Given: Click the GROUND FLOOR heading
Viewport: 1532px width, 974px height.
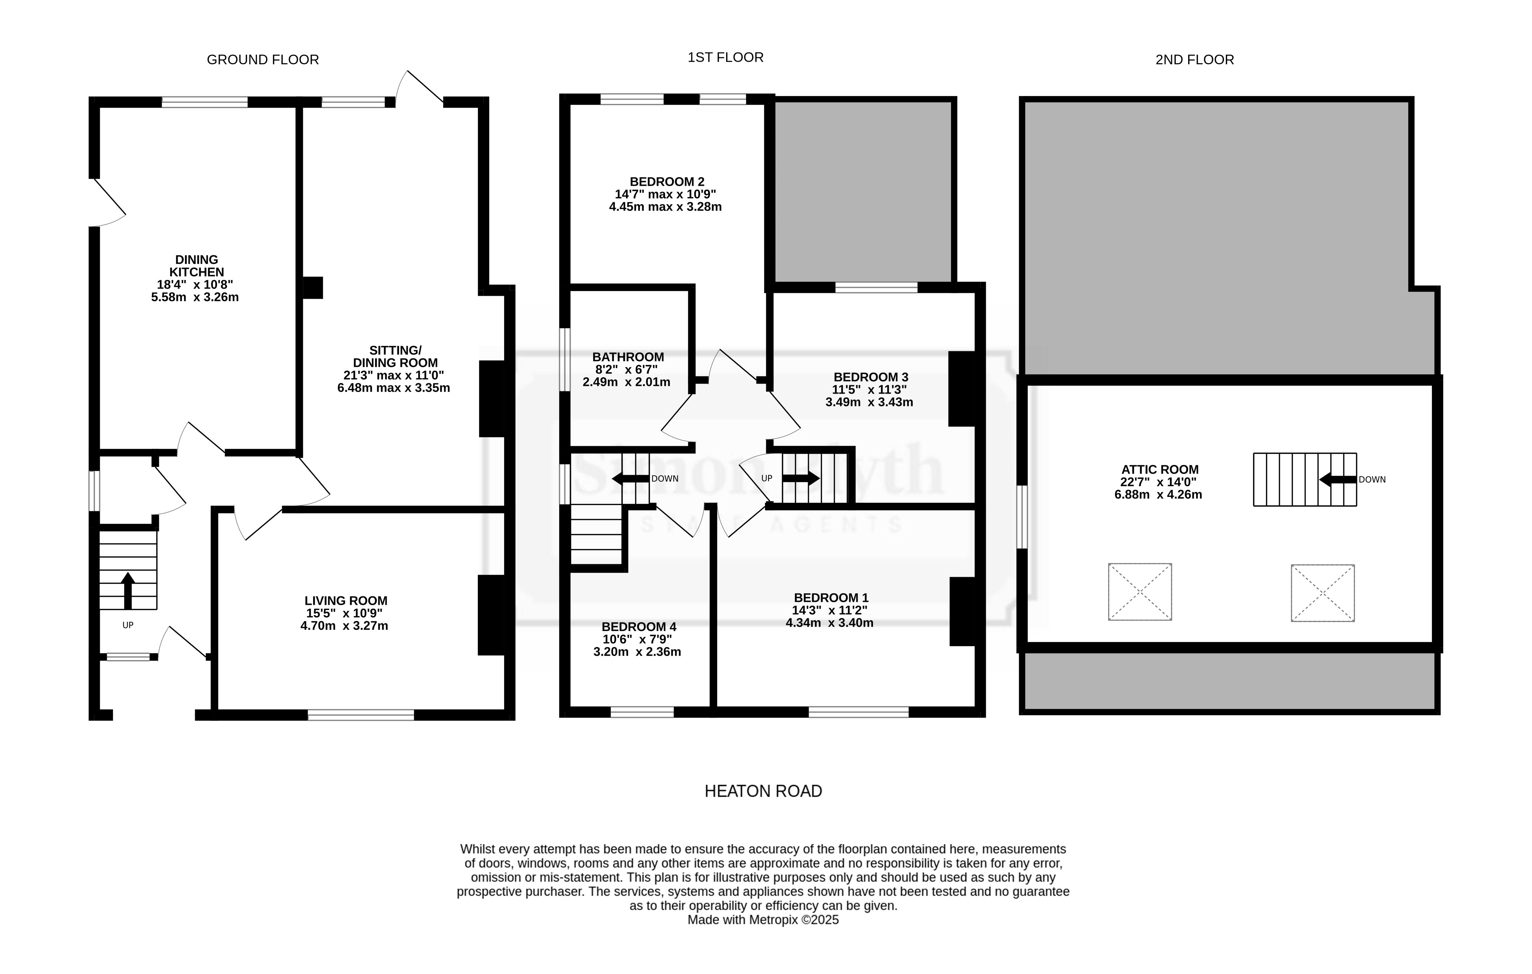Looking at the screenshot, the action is pos(263,60).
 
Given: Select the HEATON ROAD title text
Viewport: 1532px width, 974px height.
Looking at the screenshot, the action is pos(763,791).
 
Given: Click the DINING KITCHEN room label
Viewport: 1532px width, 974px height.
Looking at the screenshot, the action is pos(196,266).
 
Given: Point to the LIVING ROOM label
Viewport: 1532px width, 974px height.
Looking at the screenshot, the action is pos(346,601).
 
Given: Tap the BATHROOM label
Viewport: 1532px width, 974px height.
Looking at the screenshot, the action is pos(628,357).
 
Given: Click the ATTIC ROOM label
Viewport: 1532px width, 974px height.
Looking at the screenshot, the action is pos(1160,470).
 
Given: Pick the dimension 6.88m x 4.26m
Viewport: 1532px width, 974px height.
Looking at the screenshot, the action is pos(1158,494).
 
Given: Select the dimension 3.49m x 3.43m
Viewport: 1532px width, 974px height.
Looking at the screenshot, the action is pos(869,402).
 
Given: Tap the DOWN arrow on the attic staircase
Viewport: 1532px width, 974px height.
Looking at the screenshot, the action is pos(1338,479).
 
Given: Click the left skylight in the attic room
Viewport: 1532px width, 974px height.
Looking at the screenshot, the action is pos(1140,591).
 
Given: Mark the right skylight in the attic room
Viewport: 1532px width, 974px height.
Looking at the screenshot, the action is pos(1323,593).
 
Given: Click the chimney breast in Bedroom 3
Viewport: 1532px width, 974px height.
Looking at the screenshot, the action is pos(962,389).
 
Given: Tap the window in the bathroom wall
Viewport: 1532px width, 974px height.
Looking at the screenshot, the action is pos(564,360).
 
